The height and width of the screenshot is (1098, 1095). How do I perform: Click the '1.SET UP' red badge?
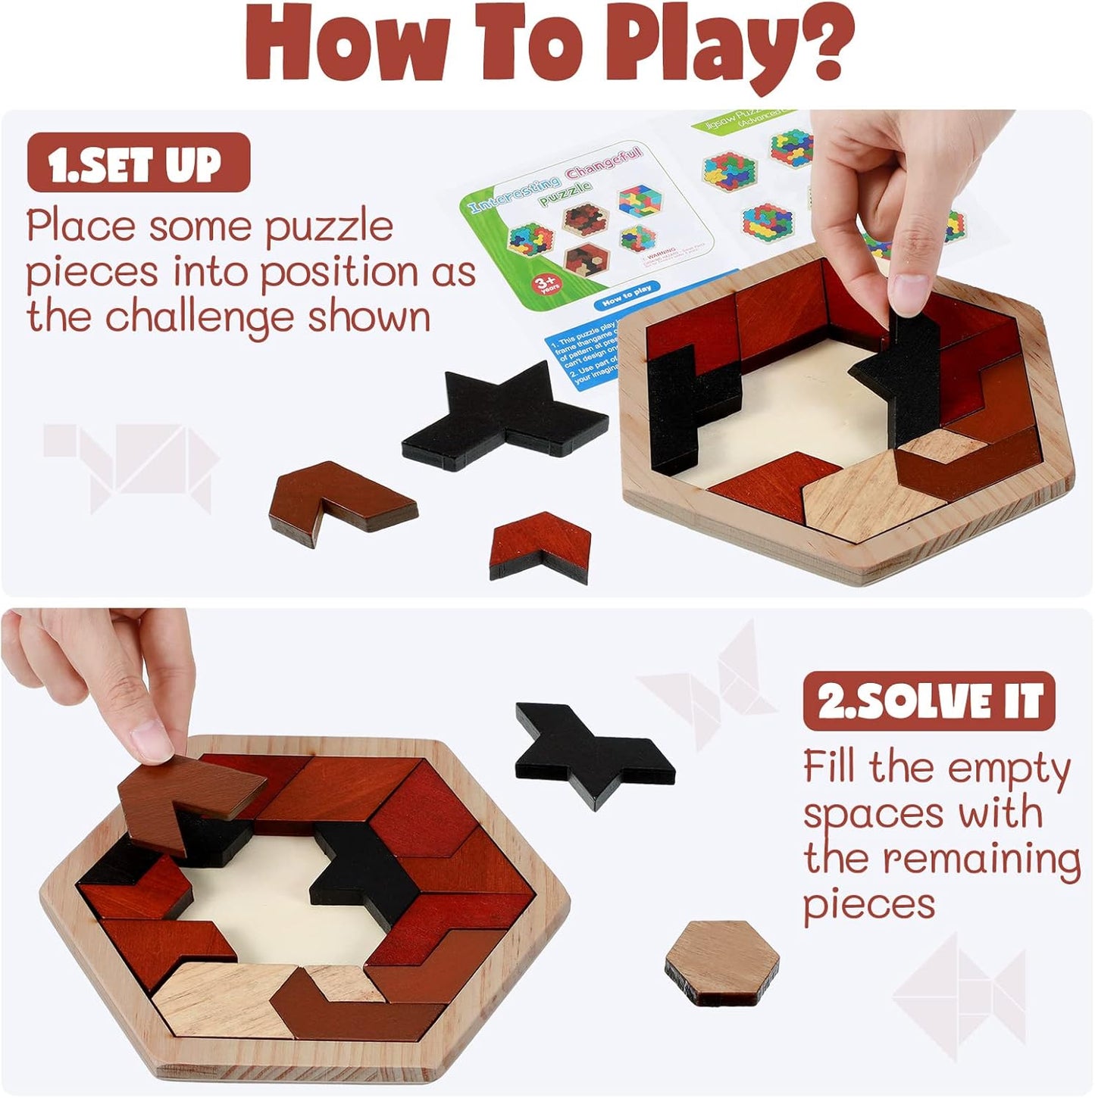click(x=138, y=162)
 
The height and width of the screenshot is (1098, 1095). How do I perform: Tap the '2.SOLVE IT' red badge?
click(x=928, y=700)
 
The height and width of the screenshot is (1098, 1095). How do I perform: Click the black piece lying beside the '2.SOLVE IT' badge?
click(x=591, y=753)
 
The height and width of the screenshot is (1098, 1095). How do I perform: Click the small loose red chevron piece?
click(x=540, y=543)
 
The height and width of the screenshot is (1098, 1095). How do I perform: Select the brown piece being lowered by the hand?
click(x=189, y=795)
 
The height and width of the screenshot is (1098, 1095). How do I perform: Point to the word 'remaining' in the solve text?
click(x=981, y=859)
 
